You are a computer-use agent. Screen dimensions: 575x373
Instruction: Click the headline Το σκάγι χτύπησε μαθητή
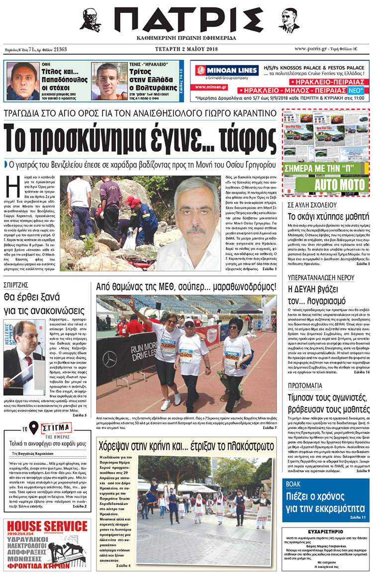pos(324,216)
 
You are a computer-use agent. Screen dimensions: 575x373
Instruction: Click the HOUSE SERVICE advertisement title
pos(47,526)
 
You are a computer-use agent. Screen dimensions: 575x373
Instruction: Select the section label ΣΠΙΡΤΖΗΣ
pos(16,285)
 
